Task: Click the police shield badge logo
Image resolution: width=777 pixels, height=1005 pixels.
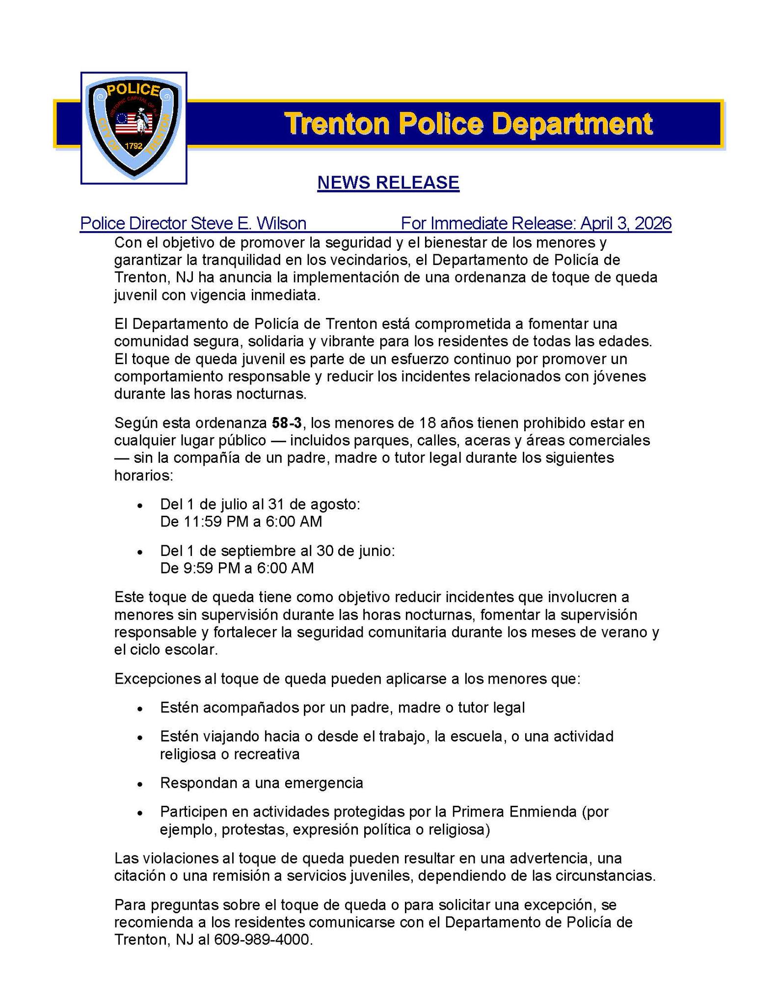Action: click(x=134, y=128)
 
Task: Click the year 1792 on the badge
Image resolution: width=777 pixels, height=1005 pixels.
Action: click(x=134, y=146)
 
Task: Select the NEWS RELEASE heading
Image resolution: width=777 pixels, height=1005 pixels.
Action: click(x=388, y=183)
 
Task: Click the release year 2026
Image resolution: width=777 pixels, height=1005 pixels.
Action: click(x=652, y=224)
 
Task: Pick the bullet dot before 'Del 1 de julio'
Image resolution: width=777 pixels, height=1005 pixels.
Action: click(x=140, y=505)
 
